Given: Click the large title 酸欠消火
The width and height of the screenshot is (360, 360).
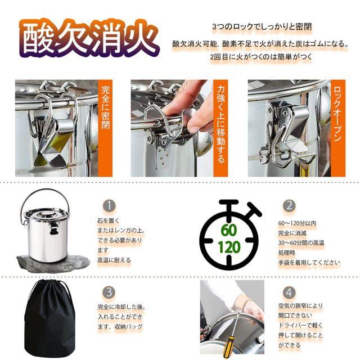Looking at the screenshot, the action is point(89,38).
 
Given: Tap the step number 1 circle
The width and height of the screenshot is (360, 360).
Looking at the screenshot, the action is point(109,205).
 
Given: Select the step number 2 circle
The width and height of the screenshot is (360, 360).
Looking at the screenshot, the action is point(289,205).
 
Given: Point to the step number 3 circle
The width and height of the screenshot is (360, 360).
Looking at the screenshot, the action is point(109,292).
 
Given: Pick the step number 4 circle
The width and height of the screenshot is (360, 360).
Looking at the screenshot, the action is point(289,292).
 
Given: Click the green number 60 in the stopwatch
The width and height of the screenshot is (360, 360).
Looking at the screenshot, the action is point(229,230).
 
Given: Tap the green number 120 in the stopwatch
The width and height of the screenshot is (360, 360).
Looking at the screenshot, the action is point(229,247).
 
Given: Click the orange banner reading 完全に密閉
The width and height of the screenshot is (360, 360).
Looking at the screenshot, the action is point(105,128).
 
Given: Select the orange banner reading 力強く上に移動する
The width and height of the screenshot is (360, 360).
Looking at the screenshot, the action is point(220,128).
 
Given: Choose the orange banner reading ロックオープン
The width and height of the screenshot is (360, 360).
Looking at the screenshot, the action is point(338,128).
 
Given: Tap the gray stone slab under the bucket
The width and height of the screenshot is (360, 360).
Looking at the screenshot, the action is point(53,263).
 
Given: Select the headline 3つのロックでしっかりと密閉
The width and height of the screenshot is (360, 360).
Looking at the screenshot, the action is point(262,27).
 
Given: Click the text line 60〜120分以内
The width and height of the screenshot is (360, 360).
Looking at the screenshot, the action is point(298,223).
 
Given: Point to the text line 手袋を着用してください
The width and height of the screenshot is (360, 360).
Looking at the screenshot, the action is point(309,263).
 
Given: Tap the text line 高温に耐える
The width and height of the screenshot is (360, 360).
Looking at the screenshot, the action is point(114,260).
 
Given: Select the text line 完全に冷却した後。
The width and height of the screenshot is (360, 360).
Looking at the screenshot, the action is point(121,307).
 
